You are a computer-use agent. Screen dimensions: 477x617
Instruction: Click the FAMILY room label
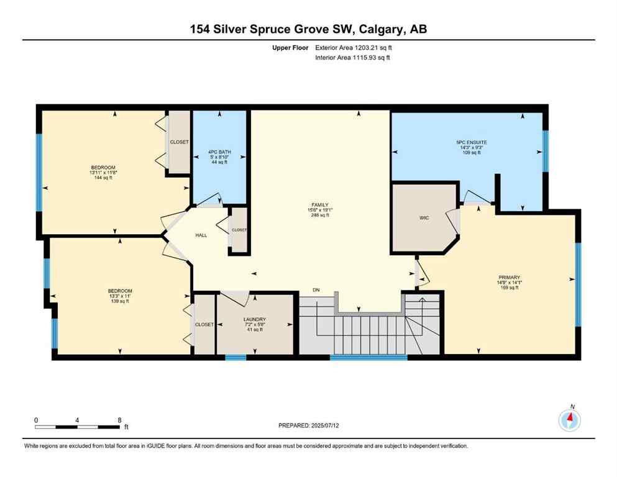pos(319,204)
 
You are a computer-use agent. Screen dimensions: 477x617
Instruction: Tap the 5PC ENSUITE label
pos(471,142)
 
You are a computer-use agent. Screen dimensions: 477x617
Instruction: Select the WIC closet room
pos(424,218)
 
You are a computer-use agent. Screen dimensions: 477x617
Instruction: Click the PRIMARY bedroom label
pos(509,278)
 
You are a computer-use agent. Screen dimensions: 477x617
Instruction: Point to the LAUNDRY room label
pos(254,319)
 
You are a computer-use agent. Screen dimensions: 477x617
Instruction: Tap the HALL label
pos(201,235)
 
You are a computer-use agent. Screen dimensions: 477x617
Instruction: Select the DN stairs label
pos(316,290)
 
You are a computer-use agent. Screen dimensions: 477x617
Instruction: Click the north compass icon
pos(569,420)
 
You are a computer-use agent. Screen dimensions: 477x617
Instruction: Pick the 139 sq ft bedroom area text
pos(120,301)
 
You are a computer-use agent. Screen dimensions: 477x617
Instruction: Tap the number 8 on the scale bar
pos(119,420)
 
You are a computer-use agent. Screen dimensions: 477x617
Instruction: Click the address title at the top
pos(308,29)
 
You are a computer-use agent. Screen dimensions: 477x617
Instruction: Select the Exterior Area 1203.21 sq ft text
pos(354,47)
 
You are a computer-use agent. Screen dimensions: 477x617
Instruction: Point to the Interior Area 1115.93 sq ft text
pos(353,58)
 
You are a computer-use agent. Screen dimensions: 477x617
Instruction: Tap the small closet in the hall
pos(239,230)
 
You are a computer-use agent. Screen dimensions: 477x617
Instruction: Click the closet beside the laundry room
pos(204,324)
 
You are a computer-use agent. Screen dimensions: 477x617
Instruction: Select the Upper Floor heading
pos(289,47)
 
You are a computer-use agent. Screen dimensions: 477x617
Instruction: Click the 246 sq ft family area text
pos(319,215)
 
